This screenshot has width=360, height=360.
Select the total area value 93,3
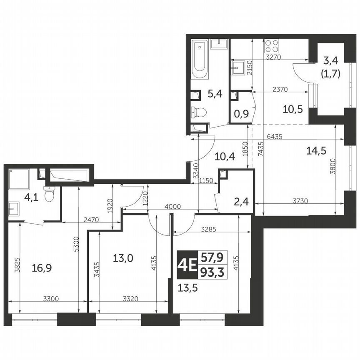coord(211,272)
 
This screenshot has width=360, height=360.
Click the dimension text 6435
coord(278,136)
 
